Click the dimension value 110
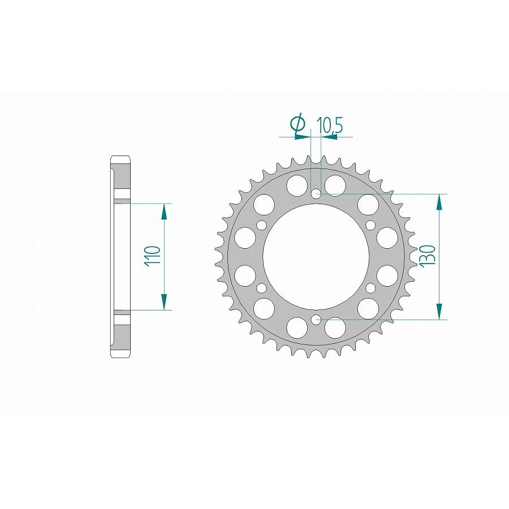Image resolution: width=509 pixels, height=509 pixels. click(153, 257)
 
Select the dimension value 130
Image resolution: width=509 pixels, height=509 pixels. click(428, 256)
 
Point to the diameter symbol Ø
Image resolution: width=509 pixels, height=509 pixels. click(298, 124)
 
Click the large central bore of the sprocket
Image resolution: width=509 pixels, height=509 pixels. click(316, 257)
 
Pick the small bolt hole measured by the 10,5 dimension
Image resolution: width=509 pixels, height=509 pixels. click(316, 194)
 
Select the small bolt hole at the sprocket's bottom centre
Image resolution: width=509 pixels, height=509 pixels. click(316, 320)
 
